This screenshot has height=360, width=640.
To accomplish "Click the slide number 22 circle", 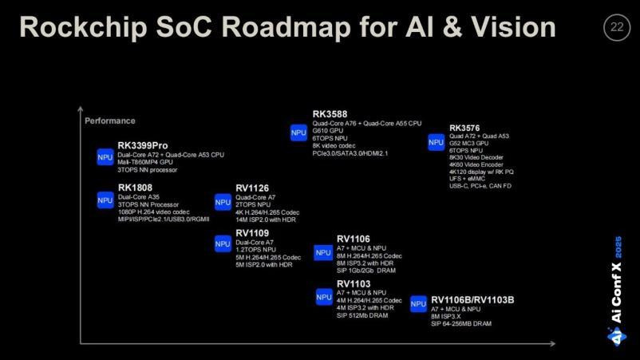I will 616,27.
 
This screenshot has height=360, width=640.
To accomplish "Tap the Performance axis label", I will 110,121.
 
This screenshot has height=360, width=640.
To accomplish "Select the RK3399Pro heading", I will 143,145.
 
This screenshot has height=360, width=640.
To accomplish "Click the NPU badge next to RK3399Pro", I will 105,157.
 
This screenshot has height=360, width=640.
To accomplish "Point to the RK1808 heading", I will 135,188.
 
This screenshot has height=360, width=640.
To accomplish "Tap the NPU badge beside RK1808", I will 105,200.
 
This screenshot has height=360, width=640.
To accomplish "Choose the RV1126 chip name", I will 252,188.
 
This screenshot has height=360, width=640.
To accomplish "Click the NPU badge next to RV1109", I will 223,243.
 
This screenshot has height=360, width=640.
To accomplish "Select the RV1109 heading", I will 252,233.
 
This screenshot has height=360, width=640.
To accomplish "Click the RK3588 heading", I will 330,115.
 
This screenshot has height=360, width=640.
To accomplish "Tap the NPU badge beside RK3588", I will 298,133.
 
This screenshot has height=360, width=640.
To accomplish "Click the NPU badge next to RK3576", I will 436,143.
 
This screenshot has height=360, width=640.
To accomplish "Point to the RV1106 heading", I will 354,239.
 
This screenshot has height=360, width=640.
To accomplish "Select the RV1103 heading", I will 354,283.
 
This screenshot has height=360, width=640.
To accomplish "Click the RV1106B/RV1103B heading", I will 472,299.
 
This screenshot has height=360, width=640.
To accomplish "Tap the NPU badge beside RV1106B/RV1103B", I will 418,304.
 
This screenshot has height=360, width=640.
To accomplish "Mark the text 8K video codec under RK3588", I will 334,145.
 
